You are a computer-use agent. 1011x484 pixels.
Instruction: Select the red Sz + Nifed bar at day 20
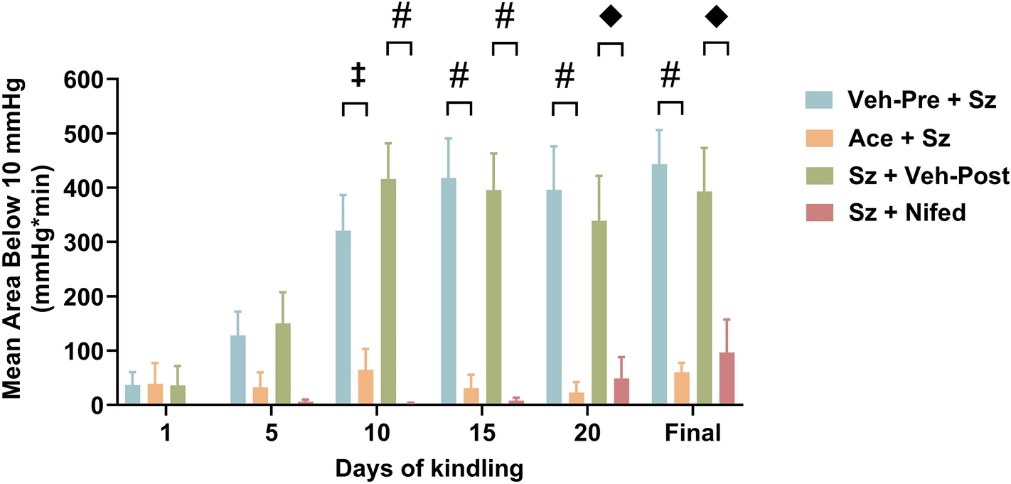(x=621, y=392)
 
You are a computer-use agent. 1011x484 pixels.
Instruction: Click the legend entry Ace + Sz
(x=899, y=137)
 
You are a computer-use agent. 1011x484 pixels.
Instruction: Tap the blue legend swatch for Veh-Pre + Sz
(x=820, y=100)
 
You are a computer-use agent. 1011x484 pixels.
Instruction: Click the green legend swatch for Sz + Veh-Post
(x=820, y=175)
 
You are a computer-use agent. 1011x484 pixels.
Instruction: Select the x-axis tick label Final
(x=692, y=434)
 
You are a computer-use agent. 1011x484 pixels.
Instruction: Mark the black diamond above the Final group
(x=716, y=18)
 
